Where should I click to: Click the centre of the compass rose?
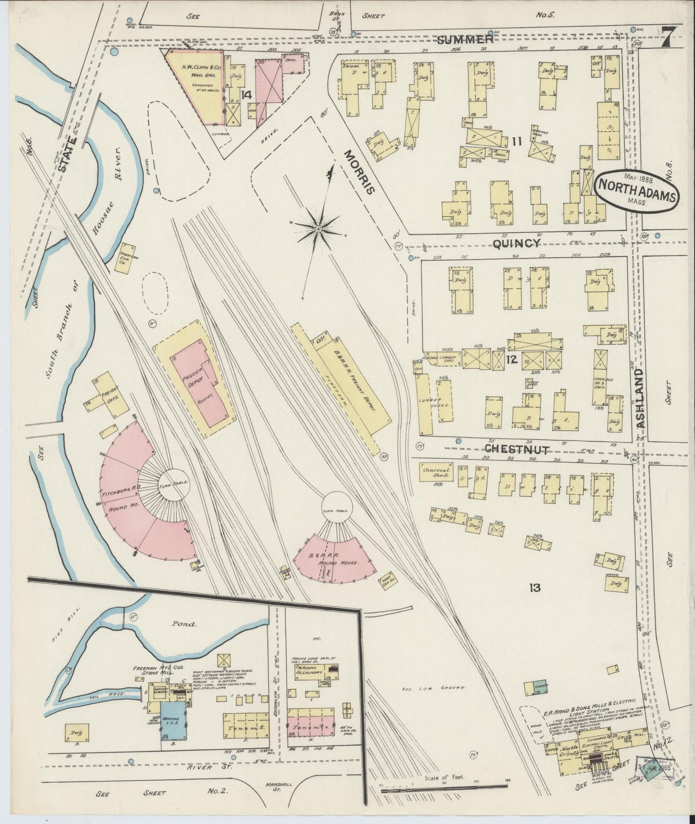click(317, 230)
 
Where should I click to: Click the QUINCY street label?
click(516, 244)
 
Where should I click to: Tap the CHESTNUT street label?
click(517, 449)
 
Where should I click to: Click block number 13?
click(535, 587)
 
